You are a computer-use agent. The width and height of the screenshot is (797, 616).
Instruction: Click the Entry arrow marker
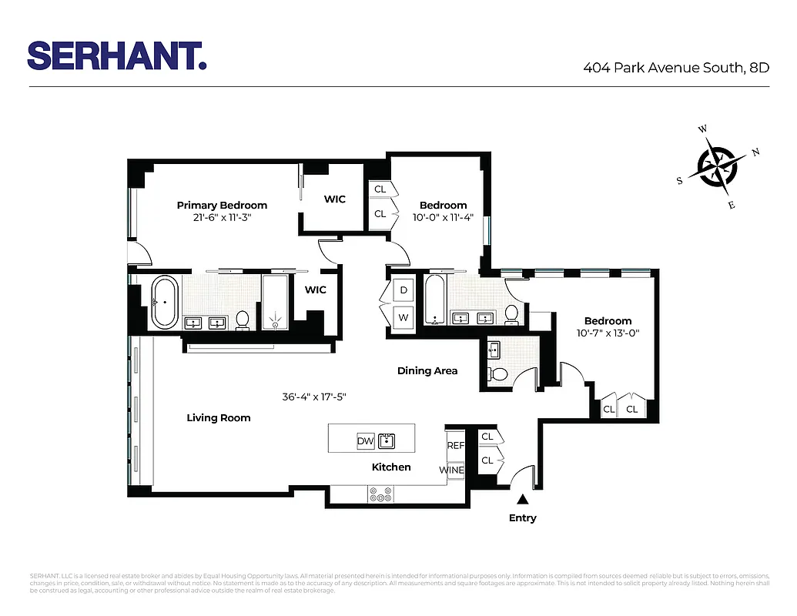pyautogui.click(x=522, y=500)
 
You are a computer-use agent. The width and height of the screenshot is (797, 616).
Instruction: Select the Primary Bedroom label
pyautogui.click(x=222, y=205)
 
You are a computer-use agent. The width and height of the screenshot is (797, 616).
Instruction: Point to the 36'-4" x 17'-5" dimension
pyautogui.click(x=314, y=397)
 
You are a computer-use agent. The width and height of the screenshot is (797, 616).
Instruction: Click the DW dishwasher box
pyautogui.click(x=365, y=441)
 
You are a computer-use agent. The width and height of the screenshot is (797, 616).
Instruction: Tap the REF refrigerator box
pyautogui.click(x=456, y=445)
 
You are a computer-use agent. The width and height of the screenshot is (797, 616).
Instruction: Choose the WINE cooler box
pyautogui.click(x=452, y=470)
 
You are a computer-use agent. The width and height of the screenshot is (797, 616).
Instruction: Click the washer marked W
pyautogui.click(x=404, y=316)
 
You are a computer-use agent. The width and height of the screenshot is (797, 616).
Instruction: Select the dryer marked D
pyautogui.click(x=404, y=290)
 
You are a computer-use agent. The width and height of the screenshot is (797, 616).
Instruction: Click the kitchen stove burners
pyautogui.click(x=380, y=494)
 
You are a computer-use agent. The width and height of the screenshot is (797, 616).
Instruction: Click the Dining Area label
pyautogui.click(x=427, y=370)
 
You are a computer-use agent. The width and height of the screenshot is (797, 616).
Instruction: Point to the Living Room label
pyautogui.click(x=219, y=417)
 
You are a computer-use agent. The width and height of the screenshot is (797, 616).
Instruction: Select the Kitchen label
pyautogui.click(x=391, y=467)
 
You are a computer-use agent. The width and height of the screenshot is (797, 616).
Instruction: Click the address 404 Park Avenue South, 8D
pyautogui.click(x=676, y=68)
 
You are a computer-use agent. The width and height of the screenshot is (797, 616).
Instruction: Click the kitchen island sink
pyautogui.click(x=386, y=441)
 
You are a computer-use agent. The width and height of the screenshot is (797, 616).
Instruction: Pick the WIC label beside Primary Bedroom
pyautogui.click(x=334, y=199)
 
